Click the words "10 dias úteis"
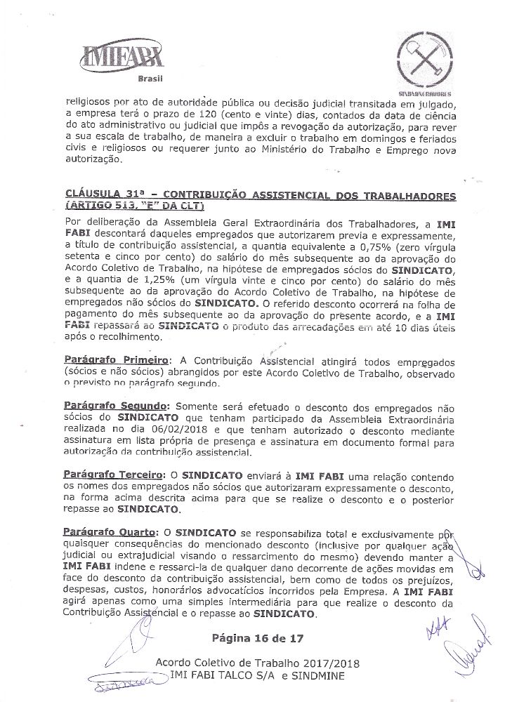(x=424, y=326)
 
